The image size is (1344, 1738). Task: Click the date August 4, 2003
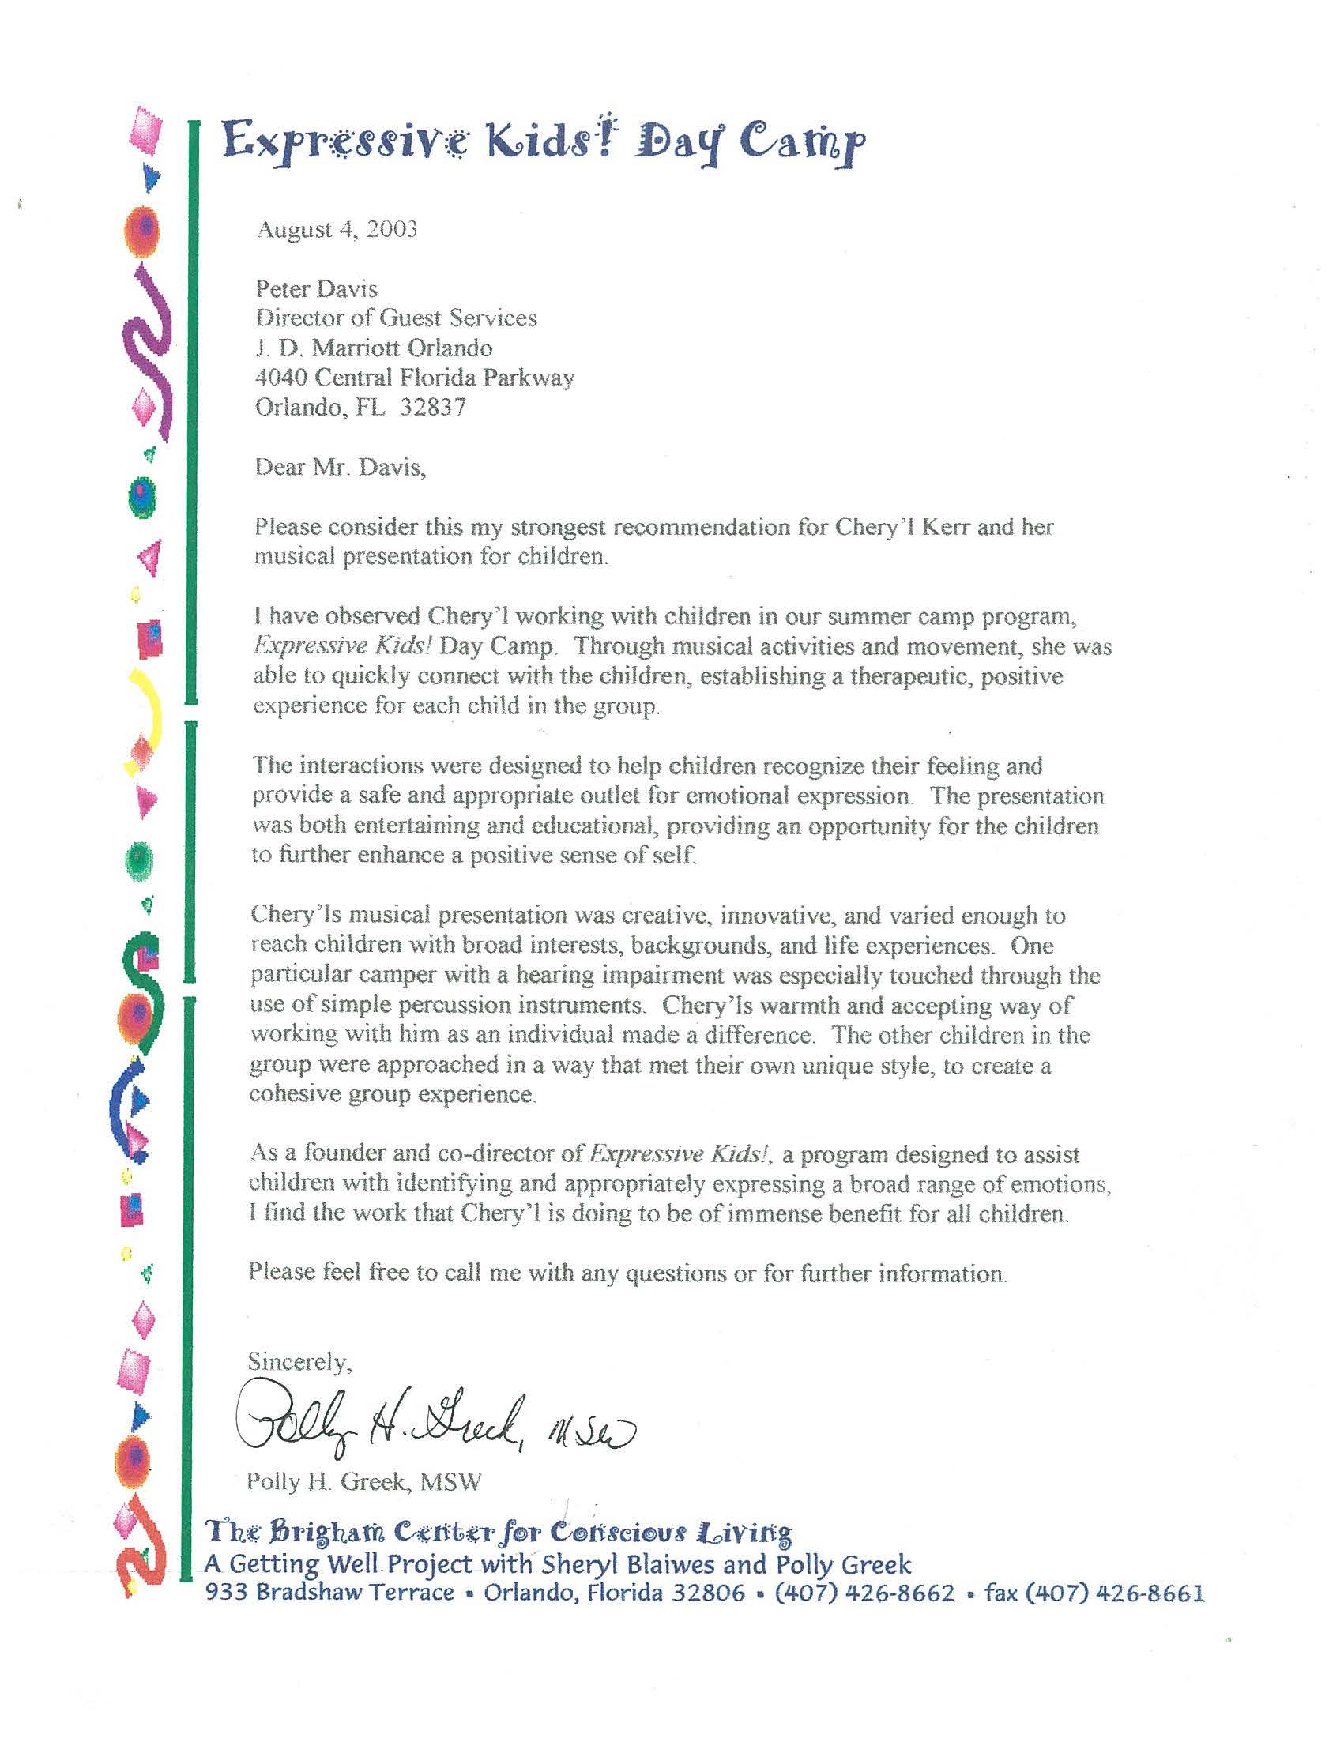coord(337,230)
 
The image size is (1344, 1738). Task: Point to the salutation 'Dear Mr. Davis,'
coord(340,467)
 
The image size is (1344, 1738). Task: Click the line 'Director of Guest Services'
coord(396,318)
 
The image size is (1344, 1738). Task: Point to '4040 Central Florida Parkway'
coord(414,377)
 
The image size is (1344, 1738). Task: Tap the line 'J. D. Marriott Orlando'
coord(373,348)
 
